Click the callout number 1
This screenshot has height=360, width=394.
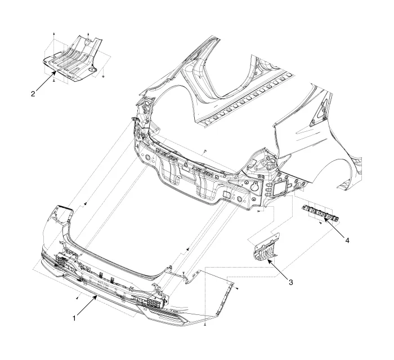(74, 318)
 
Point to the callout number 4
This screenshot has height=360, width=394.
(347, 240)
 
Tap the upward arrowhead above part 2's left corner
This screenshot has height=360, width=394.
(54, 34)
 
